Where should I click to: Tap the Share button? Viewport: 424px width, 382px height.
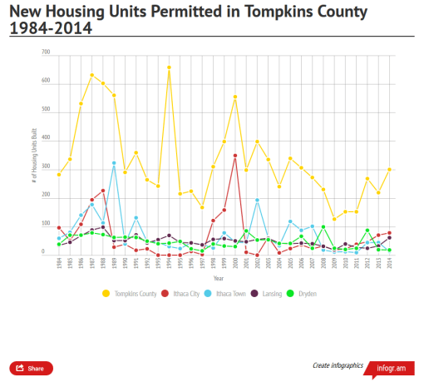tap(31, 367)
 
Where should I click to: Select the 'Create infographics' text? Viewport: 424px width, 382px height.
tap(337, 366)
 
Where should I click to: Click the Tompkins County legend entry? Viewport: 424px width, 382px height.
tap(131, 294)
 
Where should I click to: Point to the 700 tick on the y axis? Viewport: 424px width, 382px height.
tap(46, 52)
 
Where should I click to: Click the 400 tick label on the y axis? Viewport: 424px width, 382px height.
tap(46, 138)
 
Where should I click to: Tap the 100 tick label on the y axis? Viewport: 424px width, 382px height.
tap(46, 224)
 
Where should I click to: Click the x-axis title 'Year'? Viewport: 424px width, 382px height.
tap(218, 277)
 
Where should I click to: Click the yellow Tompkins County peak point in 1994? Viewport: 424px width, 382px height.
tap(169, 67)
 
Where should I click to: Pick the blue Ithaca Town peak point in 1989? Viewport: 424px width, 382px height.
tap(114, 163)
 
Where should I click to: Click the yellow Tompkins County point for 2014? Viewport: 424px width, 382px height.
tap(389, 169)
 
